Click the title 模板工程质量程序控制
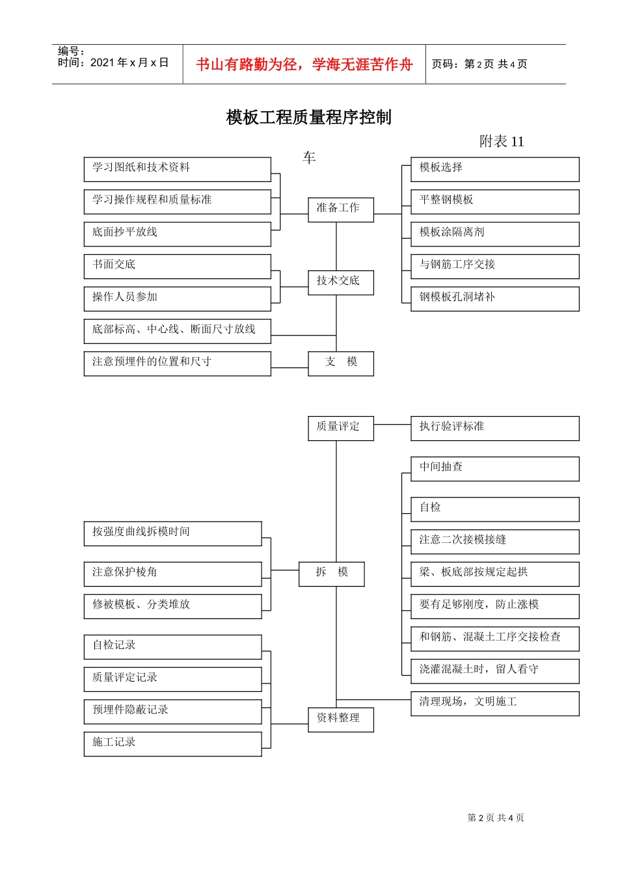(308, 117)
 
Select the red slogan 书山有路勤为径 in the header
(304, 64)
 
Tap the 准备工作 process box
(340, 209)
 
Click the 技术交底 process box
(340, 282)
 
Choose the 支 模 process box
(340, 363)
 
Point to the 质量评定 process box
(340, 428)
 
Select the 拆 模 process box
(331, 574)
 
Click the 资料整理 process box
(340, 719)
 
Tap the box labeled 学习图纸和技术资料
(177, 169)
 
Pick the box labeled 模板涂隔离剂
(494, 233)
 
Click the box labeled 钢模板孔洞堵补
(494, 298)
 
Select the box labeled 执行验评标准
(494, 428)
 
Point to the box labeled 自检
(494, 509)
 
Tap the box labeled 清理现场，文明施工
(494, 703)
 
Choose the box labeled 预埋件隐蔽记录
(172, 711)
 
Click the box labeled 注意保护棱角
(172, 574)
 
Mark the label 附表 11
(501, 142)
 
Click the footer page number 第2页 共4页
(496, 818)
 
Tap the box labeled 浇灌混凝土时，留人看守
(494, 670)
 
